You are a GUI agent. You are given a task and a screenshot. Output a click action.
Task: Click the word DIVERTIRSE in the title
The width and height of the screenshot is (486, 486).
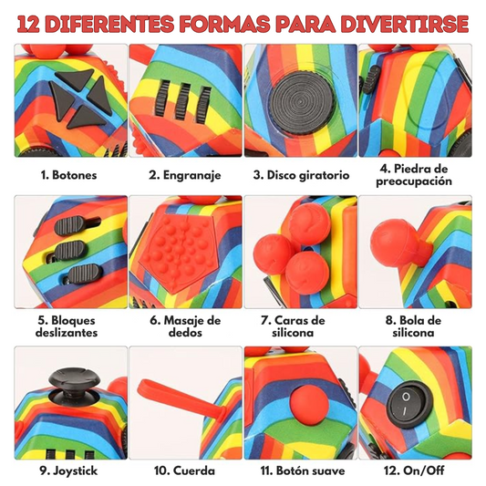pos(405,24)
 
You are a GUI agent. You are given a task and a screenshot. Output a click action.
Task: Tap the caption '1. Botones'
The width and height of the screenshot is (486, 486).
pos(68,175)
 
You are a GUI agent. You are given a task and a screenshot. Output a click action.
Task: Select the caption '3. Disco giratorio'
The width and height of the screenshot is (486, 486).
pos(301,175)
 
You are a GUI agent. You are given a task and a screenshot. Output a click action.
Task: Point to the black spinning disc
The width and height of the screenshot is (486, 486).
pos(302,101)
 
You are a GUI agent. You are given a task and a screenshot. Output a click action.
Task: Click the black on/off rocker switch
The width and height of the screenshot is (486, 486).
pos(409,404)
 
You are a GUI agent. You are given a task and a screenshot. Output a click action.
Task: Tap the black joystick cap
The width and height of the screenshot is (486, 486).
pos(75,379)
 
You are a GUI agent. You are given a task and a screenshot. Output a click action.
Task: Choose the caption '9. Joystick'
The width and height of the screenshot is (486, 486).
pos(68,470)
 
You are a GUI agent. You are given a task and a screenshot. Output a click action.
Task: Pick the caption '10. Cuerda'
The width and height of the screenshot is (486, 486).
pos(184,470)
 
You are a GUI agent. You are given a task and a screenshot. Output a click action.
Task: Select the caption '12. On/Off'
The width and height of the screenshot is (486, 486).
pos(414,470)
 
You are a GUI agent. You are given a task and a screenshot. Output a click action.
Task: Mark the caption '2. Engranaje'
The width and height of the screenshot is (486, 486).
pos(185,175)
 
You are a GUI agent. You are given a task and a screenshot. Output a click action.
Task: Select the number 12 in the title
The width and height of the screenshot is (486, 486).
pos(28,25)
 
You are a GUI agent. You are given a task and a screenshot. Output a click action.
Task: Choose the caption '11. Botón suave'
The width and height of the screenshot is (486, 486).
pos(303,470)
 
